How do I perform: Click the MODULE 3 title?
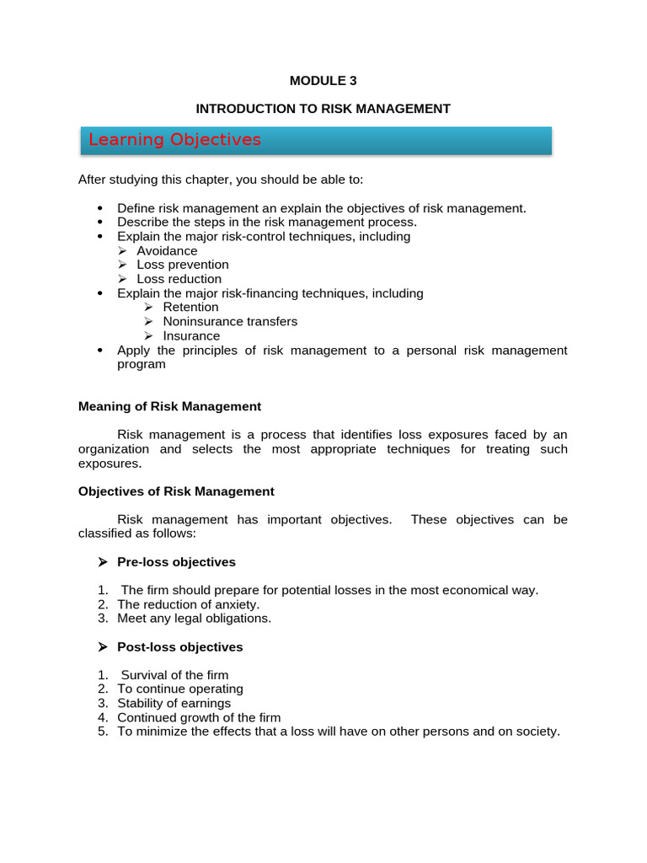click(x=323, y=81)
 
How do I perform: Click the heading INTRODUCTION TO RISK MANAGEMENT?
click(x=323, y=109)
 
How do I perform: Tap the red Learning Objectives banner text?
click(x=175, y=140)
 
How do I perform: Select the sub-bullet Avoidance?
click(x=167, y=251)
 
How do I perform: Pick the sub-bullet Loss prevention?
click(x=183, y=265)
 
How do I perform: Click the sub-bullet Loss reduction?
click(x=179, y=279)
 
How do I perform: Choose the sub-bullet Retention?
click(x=190, y=308)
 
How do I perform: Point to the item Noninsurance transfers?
click(x=230, y=322)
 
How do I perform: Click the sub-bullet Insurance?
click(x=191, y=336)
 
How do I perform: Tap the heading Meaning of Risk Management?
click(x=169, y=406)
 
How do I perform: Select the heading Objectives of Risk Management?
click(x=176, y=491)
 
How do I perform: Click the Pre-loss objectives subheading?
click(x=176, y=562)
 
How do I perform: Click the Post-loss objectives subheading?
click(x=179, y=647)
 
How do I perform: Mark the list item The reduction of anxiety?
click(x=189, y=604)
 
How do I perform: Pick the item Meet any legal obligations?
click(x=195, y=619)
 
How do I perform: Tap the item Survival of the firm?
click(x=174, y=675)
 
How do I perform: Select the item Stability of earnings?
click(x=174, y=704)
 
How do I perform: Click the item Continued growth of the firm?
click(x=199, y=718)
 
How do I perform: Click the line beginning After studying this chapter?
click(x=221, y=180)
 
